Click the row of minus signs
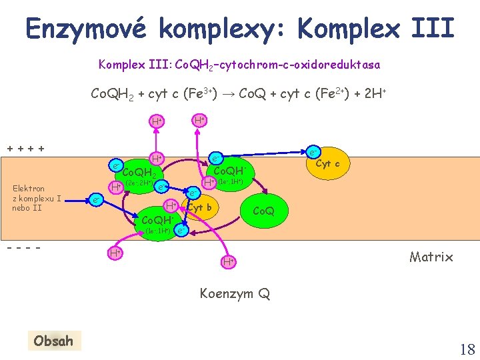26,247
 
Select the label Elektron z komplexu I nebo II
31,198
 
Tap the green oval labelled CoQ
263,211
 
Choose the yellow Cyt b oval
200,207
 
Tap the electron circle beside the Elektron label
97,199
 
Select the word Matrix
431,257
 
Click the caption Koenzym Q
235,293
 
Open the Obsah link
53,341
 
